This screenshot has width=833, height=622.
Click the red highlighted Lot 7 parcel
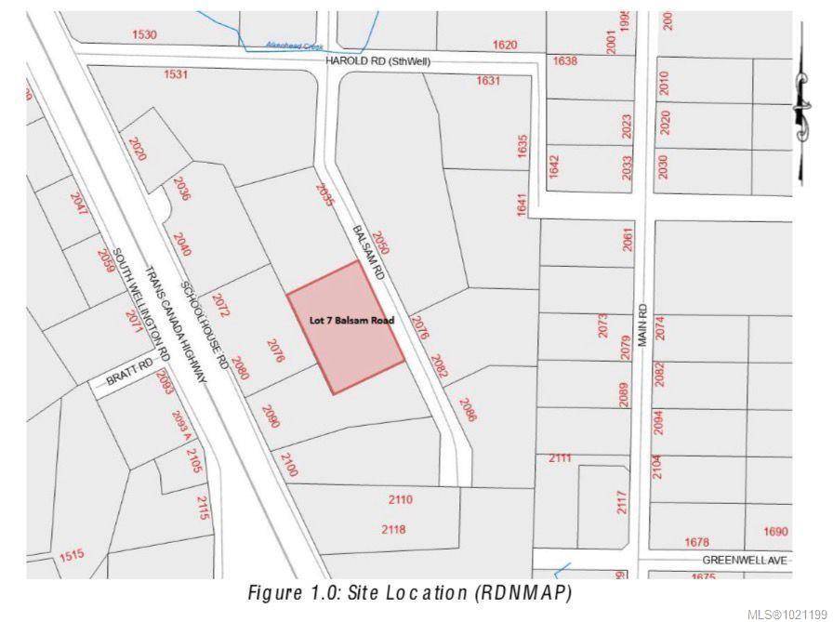(x=345, y=327)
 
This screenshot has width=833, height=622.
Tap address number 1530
(x=145, y=34)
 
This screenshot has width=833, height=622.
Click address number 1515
(x=72, y=556)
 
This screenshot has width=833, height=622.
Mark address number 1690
(x=775, y=532)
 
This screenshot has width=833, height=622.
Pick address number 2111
(x=559, y=458)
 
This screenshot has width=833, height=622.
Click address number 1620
(x=505, y=44)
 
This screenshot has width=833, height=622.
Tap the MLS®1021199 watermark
(x=786, y=613)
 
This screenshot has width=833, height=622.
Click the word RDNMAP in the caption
(x=523, y=592)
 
